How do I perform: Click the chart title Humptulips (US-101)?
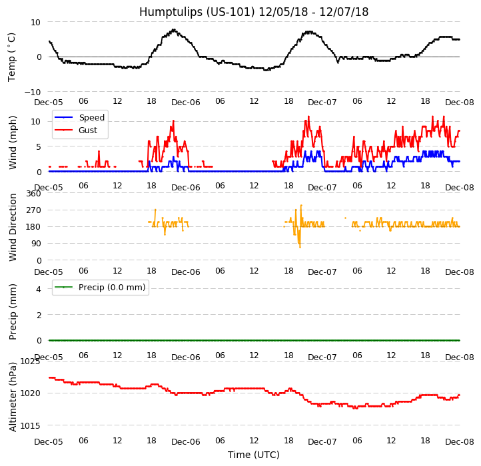point(253,12)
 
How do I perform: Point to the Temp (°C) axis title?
point(12,57)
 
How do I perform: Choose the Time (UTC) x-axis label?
point(253,455)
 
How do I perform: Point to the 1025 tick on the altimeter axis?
point(30,361)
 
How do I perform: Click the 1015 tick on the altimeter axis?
point(30,425)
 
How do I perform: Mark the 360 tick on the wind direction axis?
point(33,194)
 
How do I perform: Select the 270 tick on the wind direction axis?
point(33,210)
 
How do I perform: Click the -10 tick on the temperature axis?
point(32,92)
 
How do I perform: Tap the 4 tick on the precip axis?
point(39,289)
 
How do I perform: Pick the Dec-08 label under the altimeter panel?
point(460,442)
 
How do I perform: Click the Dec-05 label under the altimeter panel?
point(49,442)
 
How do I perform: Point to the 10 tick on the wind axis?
point(36,121)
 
